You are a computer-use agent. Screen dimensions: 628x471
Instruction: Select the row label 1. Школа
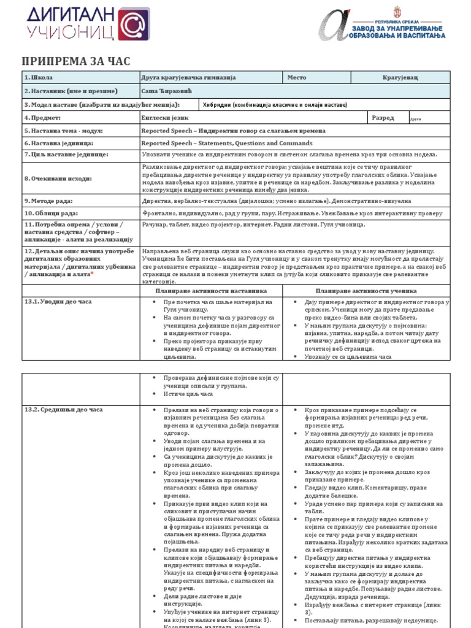tap(39, 78)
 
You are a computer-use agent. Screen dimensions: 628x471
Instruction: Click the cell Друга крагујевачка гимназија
tap(180, 78)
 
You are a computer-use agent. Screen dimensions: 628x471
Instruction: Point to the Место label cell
tap(297, 78)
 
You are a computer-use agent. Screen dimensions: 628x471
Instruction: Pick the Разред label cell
tap(383, 118)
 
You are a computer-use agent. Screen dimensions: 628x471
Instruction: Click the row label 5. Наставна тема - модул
tap(63, 131)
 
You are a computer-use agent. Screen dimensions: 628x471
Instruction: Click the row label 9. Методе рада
tap(48, 201)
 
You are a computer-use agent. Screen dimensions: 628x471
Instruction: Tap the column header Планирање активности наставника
tap(212, 291)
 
